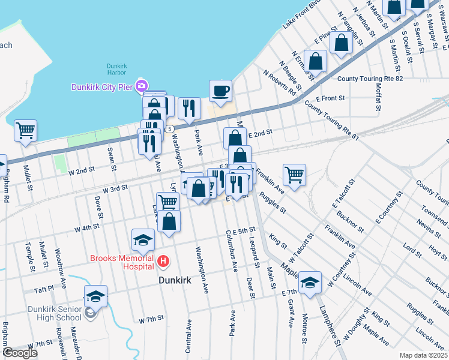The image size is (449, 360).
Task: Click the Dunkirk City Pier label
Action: coord(101,86)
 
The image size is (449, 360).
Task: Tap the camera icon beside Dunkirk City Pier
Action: coord(142,86)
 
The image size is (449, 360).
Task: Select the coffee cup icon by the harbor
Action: coord(220,91)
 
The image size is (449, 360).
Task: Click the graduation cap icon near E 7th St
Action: coord(310,282)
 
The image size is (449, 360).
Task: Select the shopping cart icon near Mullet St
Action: coord(25,130)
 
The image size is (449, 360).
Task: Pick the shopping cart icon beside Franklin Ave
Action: coord(294,175)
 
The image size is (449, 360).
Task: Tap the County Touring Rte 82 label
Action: coord(369,79)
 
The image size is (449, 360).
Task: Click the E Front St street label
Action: coord(330,98)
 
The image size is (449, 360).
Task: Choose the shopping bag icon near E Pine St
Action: coord(341,43)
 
